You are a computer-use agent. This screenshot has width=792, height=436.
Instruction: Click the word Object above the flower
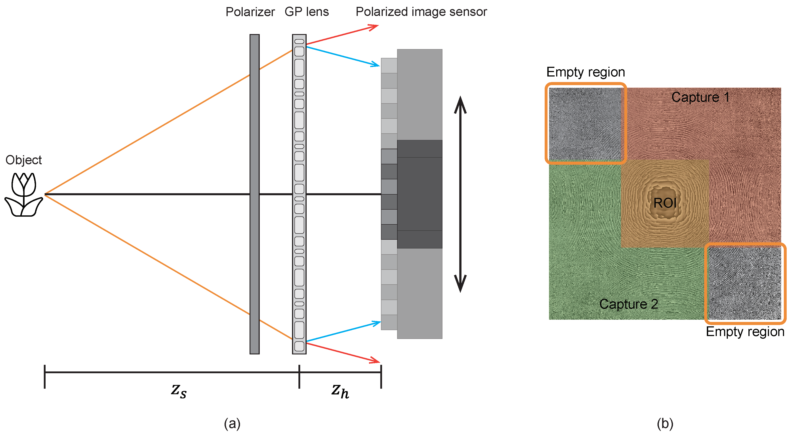tap(24, 160)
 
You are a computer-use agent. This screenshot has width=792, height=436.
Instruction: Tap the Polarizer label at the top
tap(250, 12)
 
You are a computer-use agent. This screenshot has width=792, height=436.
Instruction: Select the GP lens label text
tap(307, 12)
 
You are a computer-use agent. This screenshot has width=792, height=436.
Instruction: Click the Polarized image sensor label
tap(421, 12)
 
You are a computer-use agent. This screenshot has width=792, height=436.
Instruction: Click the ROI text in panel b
tap(665, 203)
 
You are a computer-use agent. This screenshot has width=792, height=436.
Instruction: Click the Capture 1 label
tap(700, 98)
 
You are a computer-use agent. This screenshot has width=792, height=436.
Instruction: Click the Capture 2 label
tap(629, 304)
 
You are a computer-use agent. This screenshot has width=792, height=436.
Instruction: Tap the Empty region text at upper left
tap(585, 72)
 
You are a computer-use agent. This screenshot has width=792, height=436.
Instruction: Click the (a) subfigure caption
tap(232, 424)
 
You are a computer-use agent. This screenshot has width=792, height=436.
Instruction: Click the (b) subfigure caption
tap(665, 424)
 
